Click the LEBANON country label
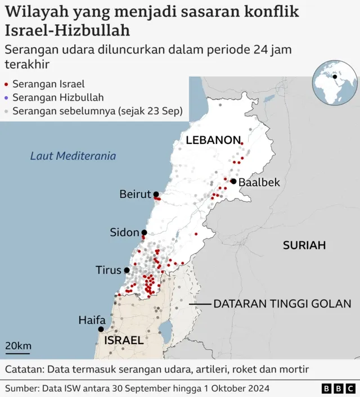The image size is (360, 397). [213, 141]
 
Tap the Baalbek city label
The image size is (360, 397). [259, 182]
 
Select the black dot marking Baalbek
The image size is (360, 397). [233, 181]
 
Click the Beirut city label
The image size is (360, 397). [136, 195]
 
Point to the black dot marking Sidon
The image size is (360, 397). [144, 232]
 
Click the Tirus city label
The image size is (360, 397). [109, 270]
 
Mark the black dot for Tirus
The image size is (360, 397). [127, 270]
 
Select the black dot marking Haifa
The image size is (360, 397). [101, 330]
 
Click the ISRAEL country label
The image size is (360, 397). [124, 340]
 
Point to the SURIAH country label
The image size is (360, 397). [304, 245]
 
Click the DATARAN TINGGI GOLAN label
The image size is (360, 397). [282, 304]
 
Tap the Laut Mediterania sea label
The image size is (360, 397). [73, 156]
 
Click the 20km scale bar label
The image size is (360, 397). [19, 346]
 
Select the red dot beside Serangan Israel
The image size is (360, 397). [6, 85]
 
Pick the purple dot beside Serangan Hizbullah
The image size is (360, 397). [6, 98]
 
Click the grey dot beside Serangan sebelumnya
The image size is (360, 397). [6, 112]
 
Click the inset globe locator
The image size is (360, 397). [335, 83]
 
